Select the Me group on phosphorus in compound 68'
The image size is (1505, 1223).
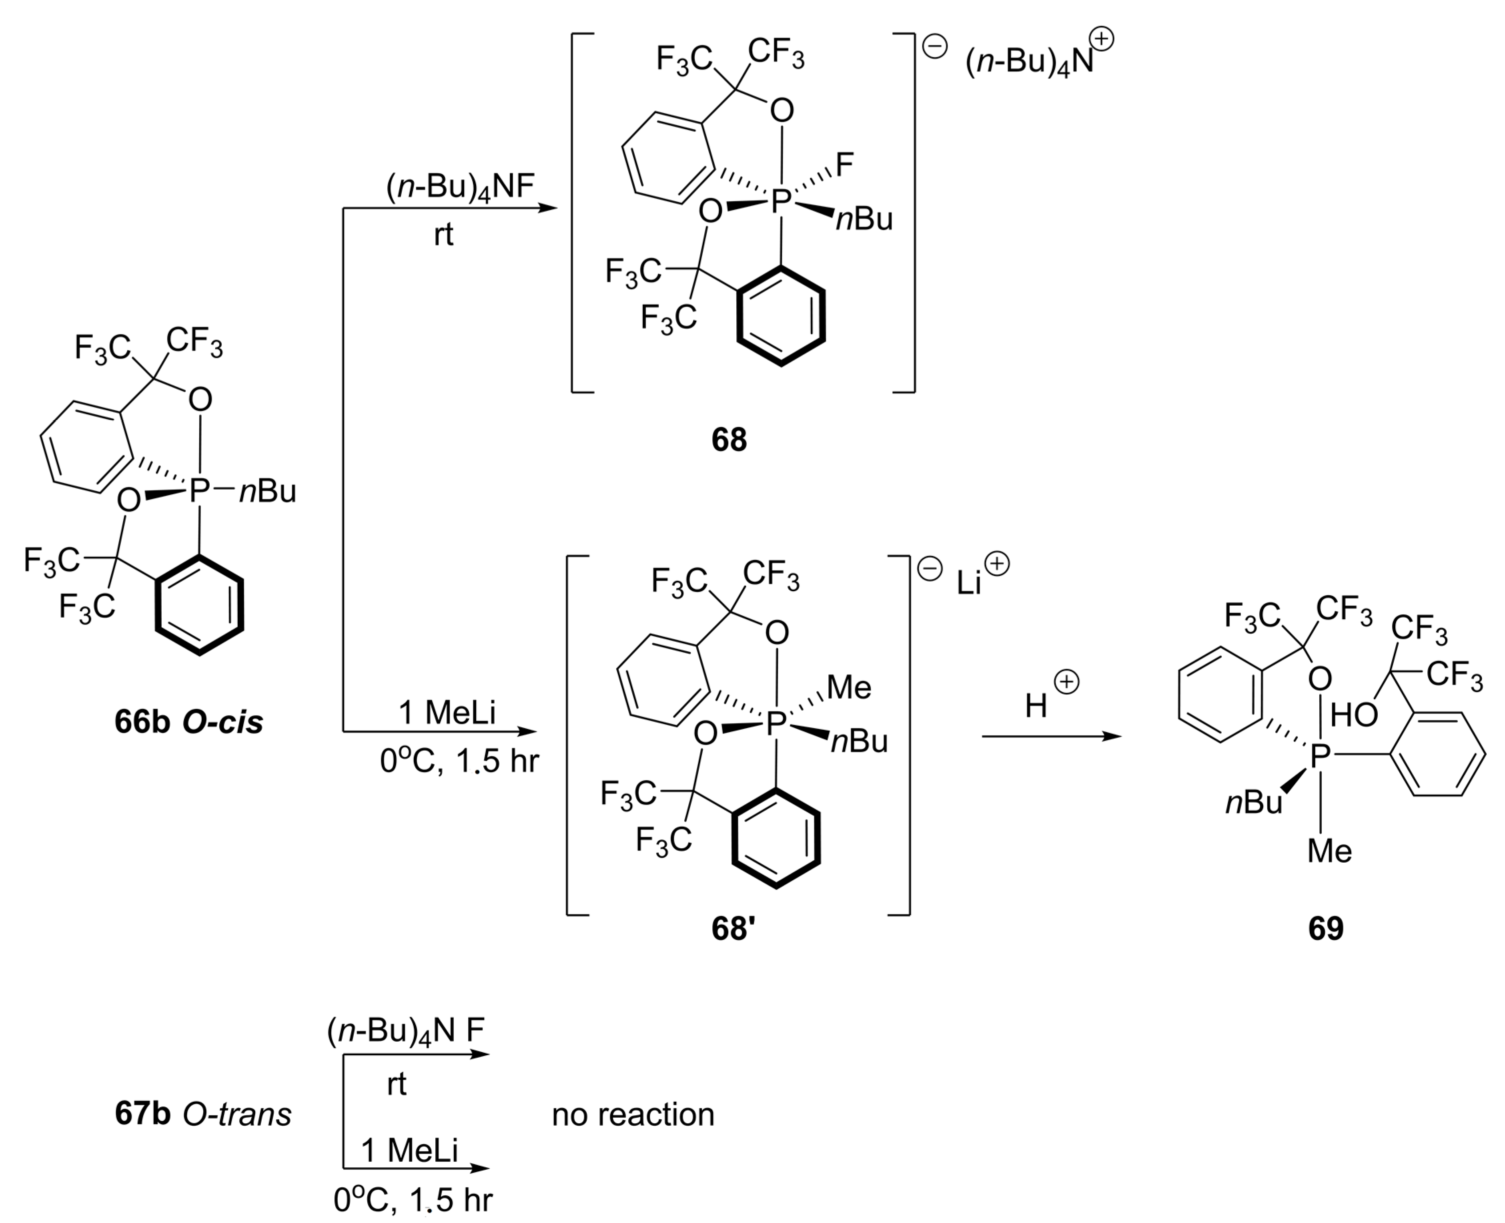(849, 687)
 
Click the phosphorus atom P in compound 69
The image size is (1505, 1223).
(1320, 756)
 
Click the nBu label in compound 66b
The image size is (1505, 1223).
(268, 491)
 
